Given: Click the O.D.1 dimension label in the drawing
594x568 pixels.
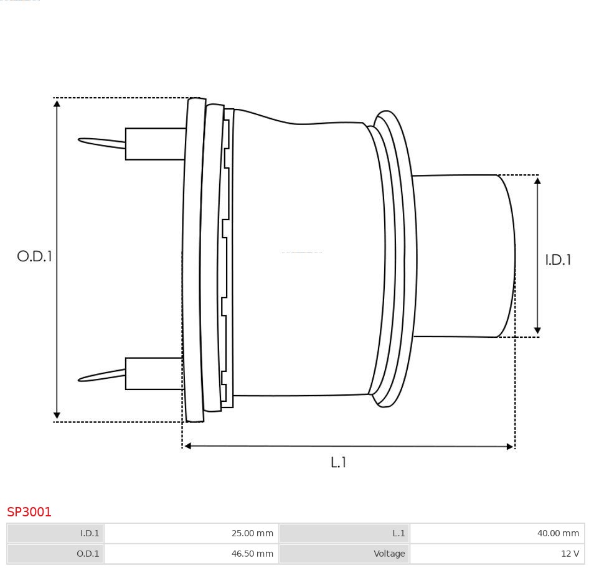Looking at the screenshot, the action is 34,256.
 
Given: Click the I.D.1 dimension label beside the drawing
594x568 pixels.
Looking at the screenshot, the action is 558,259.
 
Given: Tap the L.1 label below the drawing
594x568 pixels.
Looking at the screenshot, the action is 338,462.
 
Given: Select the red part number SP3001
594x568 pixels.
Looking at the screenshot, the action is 29,511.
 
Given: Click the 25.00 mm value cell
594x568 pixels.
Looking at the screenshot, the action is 191,533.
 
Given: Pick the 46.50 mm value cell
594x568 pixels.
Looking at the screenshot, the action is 191,554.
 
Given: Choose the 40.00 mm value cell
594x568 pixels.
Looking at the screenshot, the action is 497,533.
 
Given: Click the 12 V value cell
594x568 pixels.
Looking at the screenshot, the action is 497,554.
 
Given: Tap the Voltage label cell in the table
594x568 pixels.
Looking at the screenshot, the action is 344,554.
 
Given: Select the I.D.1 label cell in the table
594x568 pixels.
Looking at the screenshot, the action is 55,533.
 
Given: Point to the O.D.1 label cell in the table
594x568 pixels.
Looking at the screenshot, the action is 55,554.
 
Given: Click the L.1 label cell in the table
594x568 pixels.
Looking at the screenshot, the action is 344,533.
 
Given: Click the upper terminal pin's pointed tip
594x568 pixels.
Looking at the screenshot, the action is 79,140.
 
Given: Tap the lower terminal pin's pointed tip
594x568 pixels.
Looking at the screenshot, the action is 79,379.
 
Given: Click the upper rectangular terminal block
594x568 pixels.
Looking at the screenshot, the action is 155,144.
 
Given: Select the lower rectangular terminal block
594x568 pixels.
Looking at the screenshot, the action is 154,373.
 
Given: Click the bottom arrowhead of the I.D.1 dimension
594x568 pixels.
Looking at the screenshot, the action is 537,332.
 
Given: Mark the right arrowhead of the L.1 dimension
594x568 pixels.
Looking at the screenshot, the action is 511,447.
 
